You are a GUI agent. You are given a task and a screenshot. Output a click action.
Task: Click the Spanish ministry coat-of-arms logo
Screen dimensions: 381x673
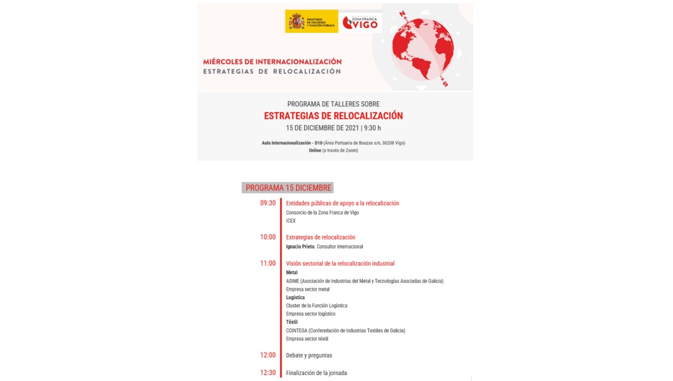297,21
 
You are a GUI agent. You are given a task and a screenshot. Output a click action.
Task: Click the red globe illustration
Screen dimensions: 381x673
423,46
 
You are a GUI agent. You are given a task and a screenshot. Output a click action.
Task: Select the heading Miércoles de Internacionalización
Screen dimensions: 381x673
272,62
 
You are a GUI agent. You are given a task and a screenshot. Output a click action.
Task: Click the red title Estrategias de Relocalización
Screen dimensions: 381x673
333,116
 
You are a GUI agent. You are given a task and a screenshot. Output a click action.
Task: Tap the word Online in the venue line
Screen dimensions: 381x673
315,150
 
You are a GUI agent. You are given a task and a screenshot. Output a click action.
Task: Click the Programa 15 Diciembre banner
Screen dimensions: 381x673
288,188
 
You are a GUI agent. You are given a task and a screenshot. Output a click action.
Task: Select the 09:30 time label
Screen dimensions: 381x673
268,203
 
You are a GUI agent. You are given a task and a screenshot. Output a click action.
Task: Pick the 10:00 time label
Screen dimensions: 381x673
268,237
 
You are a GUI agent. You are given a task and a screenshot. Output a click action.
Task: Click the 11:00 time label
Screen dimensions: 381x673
268,263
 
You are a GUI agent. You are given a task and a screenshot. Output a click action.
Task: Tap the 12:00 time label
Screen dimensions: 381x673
268,355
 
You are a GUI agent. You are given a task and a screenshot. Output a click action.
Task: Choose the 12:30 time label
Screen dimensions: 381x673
268,373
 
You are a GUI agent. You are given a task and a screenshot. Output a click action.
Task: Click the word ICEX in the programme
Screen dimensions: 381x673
291,221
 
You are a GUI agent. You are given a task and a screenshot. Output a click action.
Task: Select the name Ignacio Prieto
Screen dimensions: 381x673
301,247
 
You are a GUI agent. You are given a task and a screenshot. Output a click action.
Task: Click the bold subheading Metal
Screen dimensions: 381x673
292,272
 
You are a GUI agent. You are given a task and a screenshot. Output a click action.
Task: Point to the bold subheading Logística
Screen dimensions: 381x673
295,297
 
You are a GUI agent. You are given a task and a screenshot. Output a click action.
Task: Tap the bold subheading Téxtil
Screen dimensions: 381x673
292,322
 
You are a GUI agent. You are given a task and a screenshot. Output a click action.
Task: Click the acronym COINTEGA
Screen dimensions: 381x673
297,330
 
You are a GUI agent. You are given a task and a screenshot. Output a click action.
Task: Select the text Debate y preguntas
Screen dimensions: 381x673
309,355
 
